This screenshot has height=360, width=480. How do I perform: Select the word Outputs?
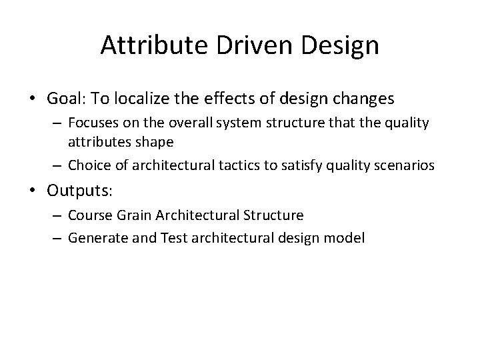pyautogui.click(x=80, y=191)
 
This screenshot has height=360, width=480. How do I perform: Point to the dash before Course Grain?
pyautogui.click(x=58, y=215)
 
